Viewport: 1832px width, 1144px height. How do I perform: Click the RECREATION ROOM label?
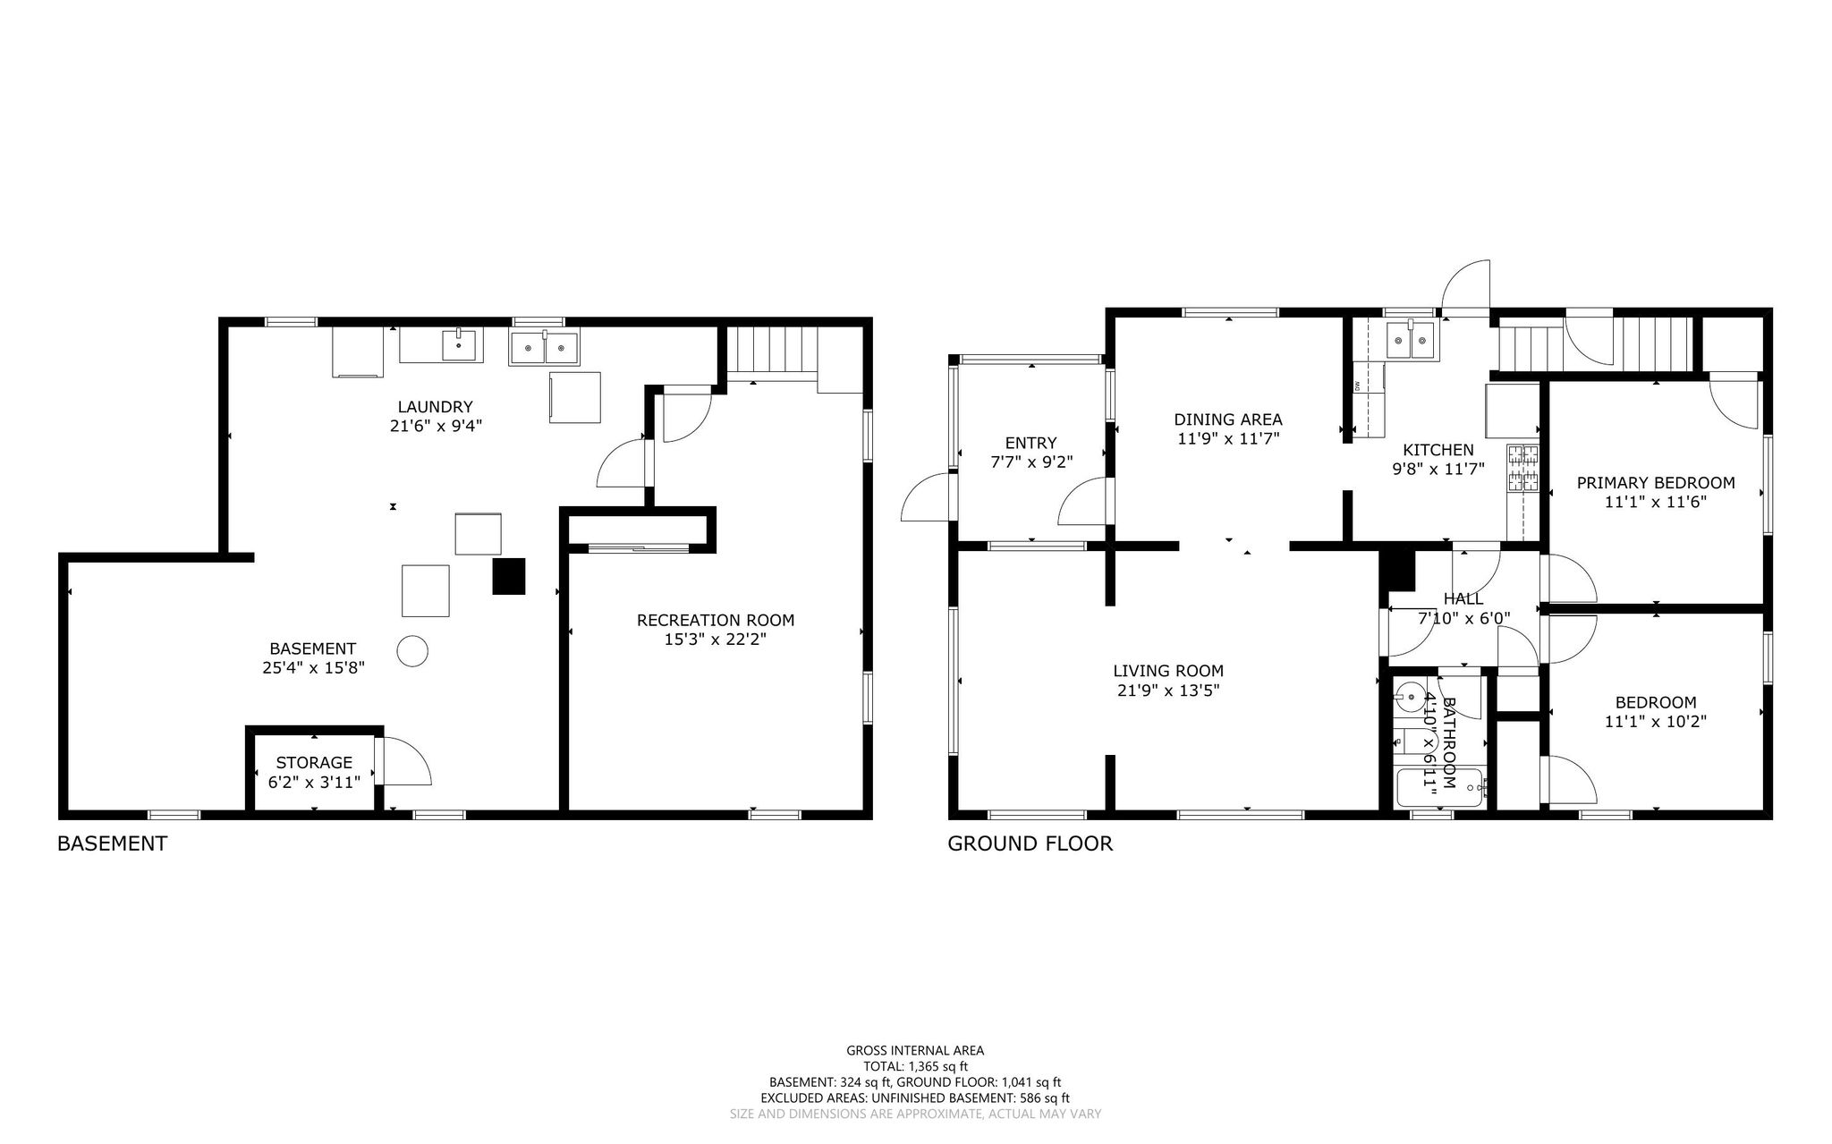(x=715, y=620)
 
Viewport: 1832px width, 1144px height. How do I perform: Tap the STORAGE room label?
(x=313, y=763)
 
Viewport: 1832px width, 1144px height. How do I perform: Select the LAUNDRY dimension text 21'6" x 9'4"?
(x=436, y=426)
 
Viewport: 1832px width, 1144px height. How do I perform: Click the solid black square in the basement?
(x=508, y=576)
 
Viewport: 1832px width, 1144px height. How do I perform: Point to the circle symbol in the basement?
(x=412, y=650)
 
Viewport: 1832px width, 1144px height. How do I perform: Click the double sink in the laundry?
(x=544, y=345)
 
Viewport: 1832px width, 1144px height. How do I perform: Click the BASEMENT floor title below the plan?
(x=112, y=843)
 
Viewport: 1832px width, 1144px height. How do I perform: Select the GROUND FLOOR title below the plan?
(x=1030, y=843)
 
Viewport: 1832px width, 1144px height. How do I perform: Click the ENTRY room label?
(x=1030, y=443)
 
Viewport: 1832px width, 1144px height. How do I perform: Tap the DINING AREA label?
(x=1228, y=419)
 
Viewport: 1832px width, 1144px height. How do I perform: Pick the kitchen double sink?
(x=1411, y=340)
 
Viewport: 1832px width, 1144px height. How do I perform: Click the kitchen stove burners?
(x=1524, y=469)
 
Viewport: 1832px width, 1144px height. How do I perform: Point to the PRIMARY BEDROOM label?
(x=1656, y=483)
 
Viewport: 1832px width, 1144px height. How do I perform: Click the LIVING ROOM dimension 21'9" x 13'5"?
(x=1168, y=691)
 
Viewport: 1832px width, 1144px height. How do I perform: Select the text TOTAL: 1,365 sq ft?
(x=915, y=1066)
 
